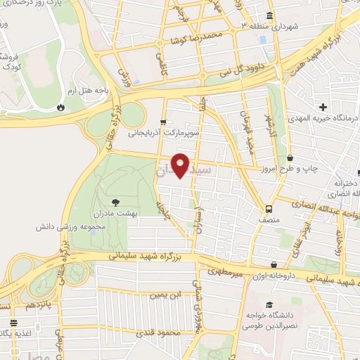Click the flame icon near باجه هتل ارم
pyautogui.click(x=61, y=107)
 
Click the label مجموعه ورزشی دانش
pyautogui.click(x=72, y=228)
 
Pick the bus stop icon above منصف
pyautogui.click(x=269, y=208)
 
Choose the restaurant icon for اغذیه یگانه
pyautogui.click(x=13, y=323)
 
